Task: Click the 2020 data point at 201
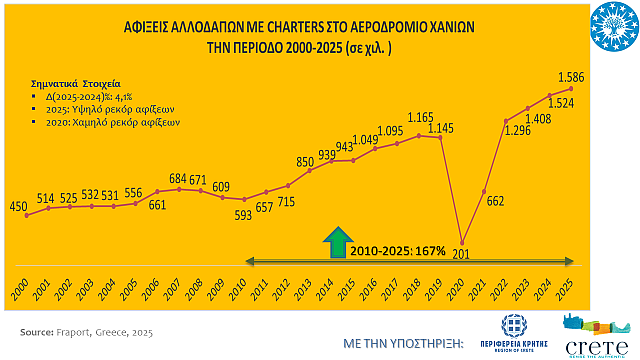pos(462,241)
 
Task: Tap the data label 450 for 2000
pos(19,207)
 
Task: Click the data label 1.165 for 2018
pos(420,118)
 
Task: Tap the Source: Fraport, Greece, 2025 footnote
pos(87,331)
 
